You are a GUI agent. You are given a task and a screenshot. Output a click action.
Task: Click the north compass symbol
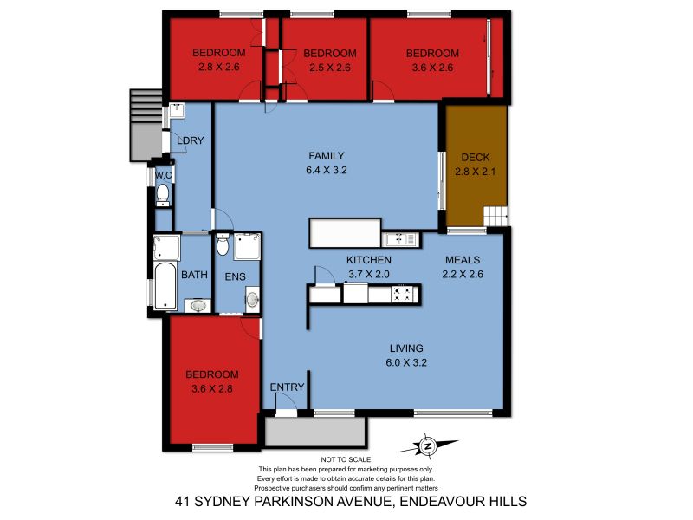coord(427,445)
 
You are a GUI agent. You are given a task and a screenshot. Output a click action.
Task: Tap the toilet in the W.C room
coord(163,195)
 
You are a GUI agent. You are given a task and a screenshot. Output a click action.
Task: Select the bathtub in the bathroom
coord(165,286)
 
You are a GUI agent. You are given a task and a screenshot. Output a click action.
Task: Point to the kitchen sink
coord(400,239)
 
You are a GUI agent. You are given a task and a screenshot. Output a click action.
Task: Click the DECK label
coord(475,158)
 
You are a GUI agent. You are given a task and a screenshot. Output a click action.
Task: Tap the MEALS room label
coord(463,260)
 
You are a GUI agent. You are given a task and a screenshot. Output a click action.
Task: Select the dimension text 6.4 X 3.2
coord(327,170)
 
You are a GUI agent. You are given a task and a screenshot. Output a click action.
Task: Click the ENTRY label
coord(288,387)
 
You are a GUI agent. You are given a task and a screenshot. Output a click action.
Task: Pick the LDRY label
coord(190,140)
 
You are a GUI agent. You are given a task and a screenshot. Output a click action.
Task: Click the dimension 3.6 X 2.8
coord(212,389)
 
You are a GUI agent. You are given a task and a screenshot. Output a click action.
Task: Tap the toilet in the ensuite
coord(223,244)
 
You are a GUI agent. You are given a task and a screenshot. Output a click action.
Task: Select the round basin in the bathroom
coord(198,306)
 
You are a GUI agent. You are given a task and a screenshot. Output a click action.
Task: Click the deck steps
coord(495,216)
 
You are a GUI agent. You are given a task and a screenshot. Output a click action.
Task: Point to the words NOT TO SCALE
coord(346,460)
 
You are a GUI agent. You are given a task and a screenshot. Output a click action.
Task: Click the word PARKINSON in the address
coord(294,502)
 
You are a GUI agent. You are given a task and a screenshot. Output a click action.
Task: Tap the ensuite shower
coord(247,246)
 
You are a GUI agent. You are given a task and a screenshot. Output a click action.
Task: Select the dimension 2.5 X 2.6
coord(330,68)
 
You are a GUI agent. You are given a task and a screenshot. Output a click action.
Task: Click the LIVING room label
coord(406,348)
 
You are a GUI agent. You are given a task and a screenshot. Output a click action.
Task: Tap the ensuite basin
coord(252,299)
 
